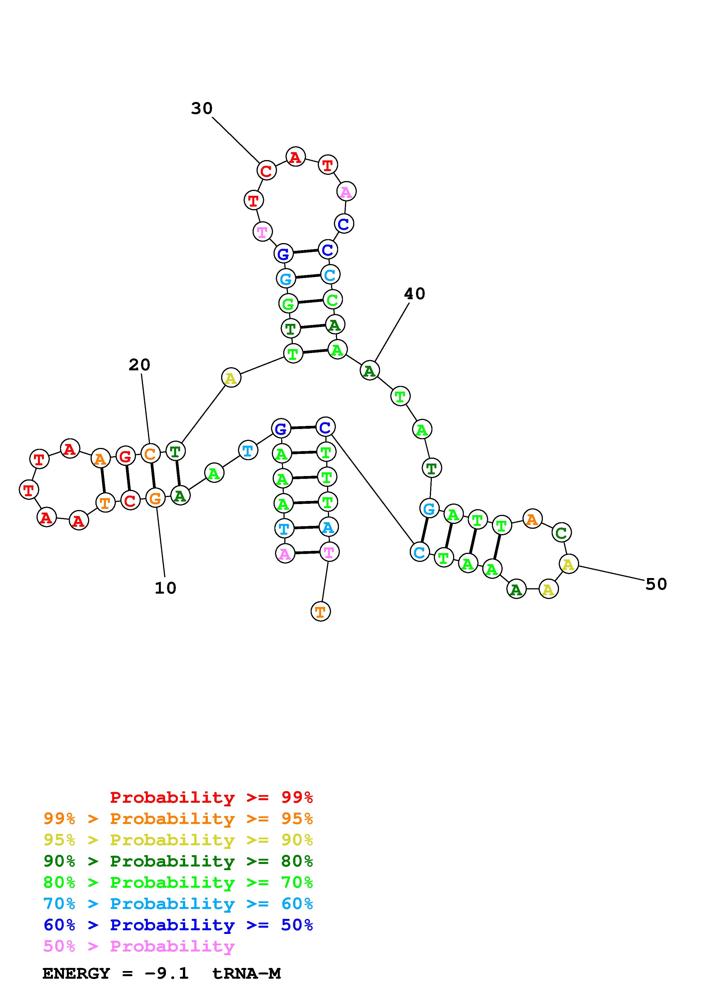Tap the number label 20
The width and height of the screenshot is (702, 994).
point(139,365)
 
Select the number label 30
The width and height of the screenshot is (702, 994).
point(202,108)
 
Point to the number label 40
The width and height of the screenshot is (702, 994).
point(414,294)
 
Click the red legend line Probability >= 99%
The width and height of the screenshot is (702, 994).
point(211,797)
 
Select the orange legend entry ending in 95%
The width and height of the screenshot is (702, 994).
point(178,819)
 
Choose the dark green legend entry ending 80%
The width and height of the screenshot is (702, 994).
point(178,861)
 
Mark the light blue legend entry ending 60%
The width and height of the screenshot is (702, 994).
point(178,904)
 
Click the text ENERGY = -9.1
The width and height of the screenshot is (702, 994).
point(116,974)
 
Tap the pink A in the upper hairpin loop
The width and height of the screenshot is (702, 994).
point(346,191)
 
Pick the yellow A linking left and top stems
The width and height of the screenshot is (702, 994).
point(231,378)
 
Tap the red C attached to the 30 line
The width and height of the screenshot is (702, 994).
point(266,171)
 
